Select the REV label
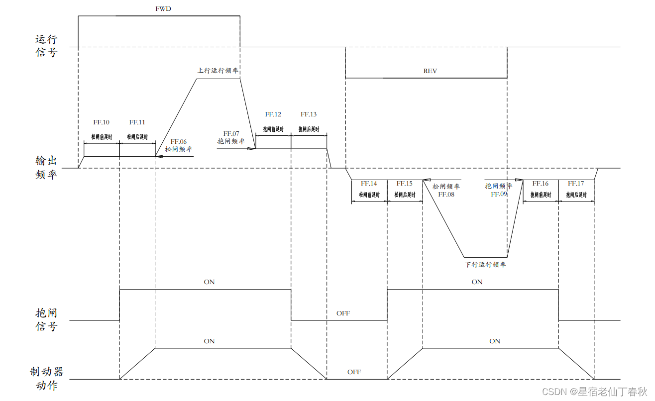coord(430,71)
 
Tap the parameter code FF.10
coord(102,122)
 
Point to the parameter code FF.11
coord(137,122)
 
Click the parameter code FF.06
coord(179,141)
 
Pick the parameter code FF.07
coord(231,133)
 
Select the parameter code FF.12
coord(273,114)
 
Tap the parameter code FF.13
coord(309,114)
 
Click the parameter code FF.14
coord(369,184)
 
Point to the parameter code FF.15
coord(405,184)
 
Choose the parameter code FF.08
coord(446,195)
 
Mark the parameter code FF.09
coord(499,195)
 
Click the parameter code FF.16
coord(541,184)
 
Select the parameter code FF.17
coord(576,184)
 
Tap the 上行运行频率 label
coord(218,71)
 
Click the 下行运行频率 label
coord(485,265)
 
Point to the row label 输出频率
coord(46,168)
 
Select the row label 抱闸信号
coord(46,319)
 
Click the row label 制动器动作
coord(46,379)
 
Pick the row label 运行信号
coord(46,46)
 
